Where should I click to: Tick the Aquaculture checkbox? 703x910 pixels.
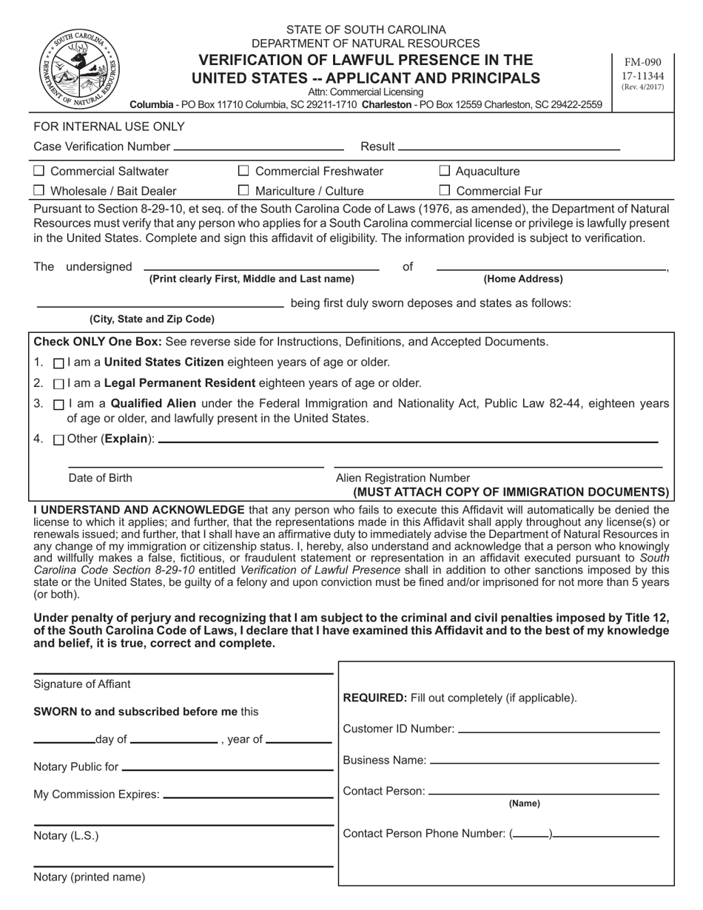click(445, 172)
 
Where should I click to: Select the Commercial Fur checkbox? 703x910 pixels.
click(445, 191)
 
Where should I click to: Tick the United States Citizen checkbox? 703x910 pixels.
click(59, 363)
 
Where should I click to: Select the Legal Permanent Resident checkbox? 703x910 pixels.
click(59, 384)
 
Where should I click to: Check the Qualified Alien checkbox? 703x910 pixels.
click(59, 405)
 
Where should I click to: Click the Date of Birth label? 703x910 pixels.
click(101, 478)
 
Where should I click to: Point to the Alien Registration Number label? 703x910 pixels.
click(403, 478)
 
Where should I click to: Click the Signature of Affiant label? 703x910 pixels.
click(81, 684)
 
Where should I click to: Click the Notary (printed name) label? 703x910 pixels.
click(90, 877)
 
